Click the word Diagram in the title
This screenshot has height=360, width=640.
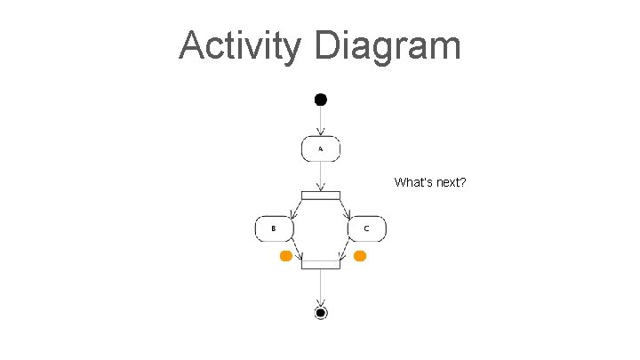388,46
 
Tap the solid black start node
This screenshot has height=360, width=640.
321,99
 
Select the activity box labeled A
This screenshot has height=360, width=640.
321,149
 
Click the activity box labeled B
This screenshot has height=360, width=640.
275,228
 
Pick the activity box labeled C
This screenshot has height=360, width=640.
366,228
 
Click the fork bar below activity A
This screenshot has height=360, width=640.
321,196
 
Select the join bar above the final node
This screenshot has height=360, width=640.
321,263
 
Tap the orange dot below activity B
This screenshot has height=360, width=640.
285,256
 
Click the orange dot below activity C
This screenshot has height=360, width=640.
360,256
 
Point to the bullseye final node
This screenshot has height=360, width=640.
321,312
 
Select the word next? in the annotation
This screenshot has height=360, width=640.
451,183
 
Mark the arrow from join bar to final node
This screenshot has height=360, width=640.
321,286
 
